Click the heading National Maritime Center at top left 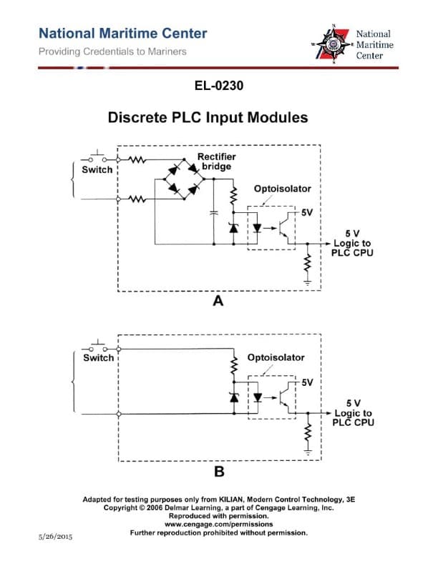tap(122, 34)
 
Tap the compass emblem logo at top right tap(334, 44)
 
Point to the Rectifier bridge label tap(216, 162)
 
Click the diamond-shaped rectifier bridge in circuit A tap(183, 179)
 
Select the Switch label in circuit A tap(97, 170)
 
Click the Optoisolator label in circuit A tap(282, 189)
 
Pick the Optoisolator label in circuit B tap(276, 357)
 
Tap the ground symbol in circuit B tap(308, 452)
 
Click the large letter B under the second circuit tap(219, 472)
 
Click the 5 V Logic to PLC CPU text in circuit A tap(352, 244)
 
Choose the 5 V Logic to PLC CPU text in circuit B tap(353, 413)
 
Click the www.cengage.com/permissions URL tap(218, 524)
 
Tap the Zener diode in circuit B tap(233, 397)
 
